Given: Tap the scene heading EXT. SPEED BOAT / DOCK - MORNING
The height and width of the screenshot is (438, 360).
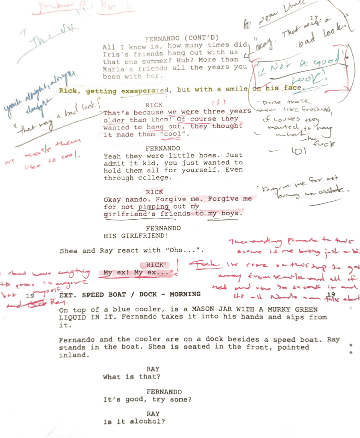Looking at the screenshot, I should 130,294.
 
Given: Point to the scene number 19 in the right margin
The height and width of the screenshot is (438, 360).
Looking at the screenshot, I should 331,295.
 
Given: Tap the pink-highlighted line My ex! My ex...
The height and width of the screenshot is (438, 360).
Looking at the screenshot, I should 133,273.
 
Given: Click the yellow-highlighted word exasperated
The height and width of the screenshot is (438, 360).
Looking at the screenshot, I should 145,91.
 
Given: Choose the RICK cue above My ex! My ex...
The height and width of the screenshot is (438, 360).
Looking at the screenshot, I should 155,265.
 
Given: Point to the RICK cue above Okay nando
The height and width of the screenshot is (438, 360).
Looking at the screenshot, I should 154,192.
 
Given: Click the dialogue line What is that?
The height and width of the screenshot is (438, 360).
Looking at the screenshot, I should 131,377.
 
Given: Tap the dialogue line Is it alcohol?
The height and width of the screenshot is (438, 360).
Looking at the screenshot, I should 134,422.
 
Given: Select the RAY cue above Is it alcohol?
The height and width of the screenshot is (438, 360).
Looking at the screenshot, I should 153,414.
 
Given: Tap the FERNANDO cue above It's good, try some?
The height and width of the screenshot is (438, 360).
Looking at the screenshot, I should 164,392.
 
